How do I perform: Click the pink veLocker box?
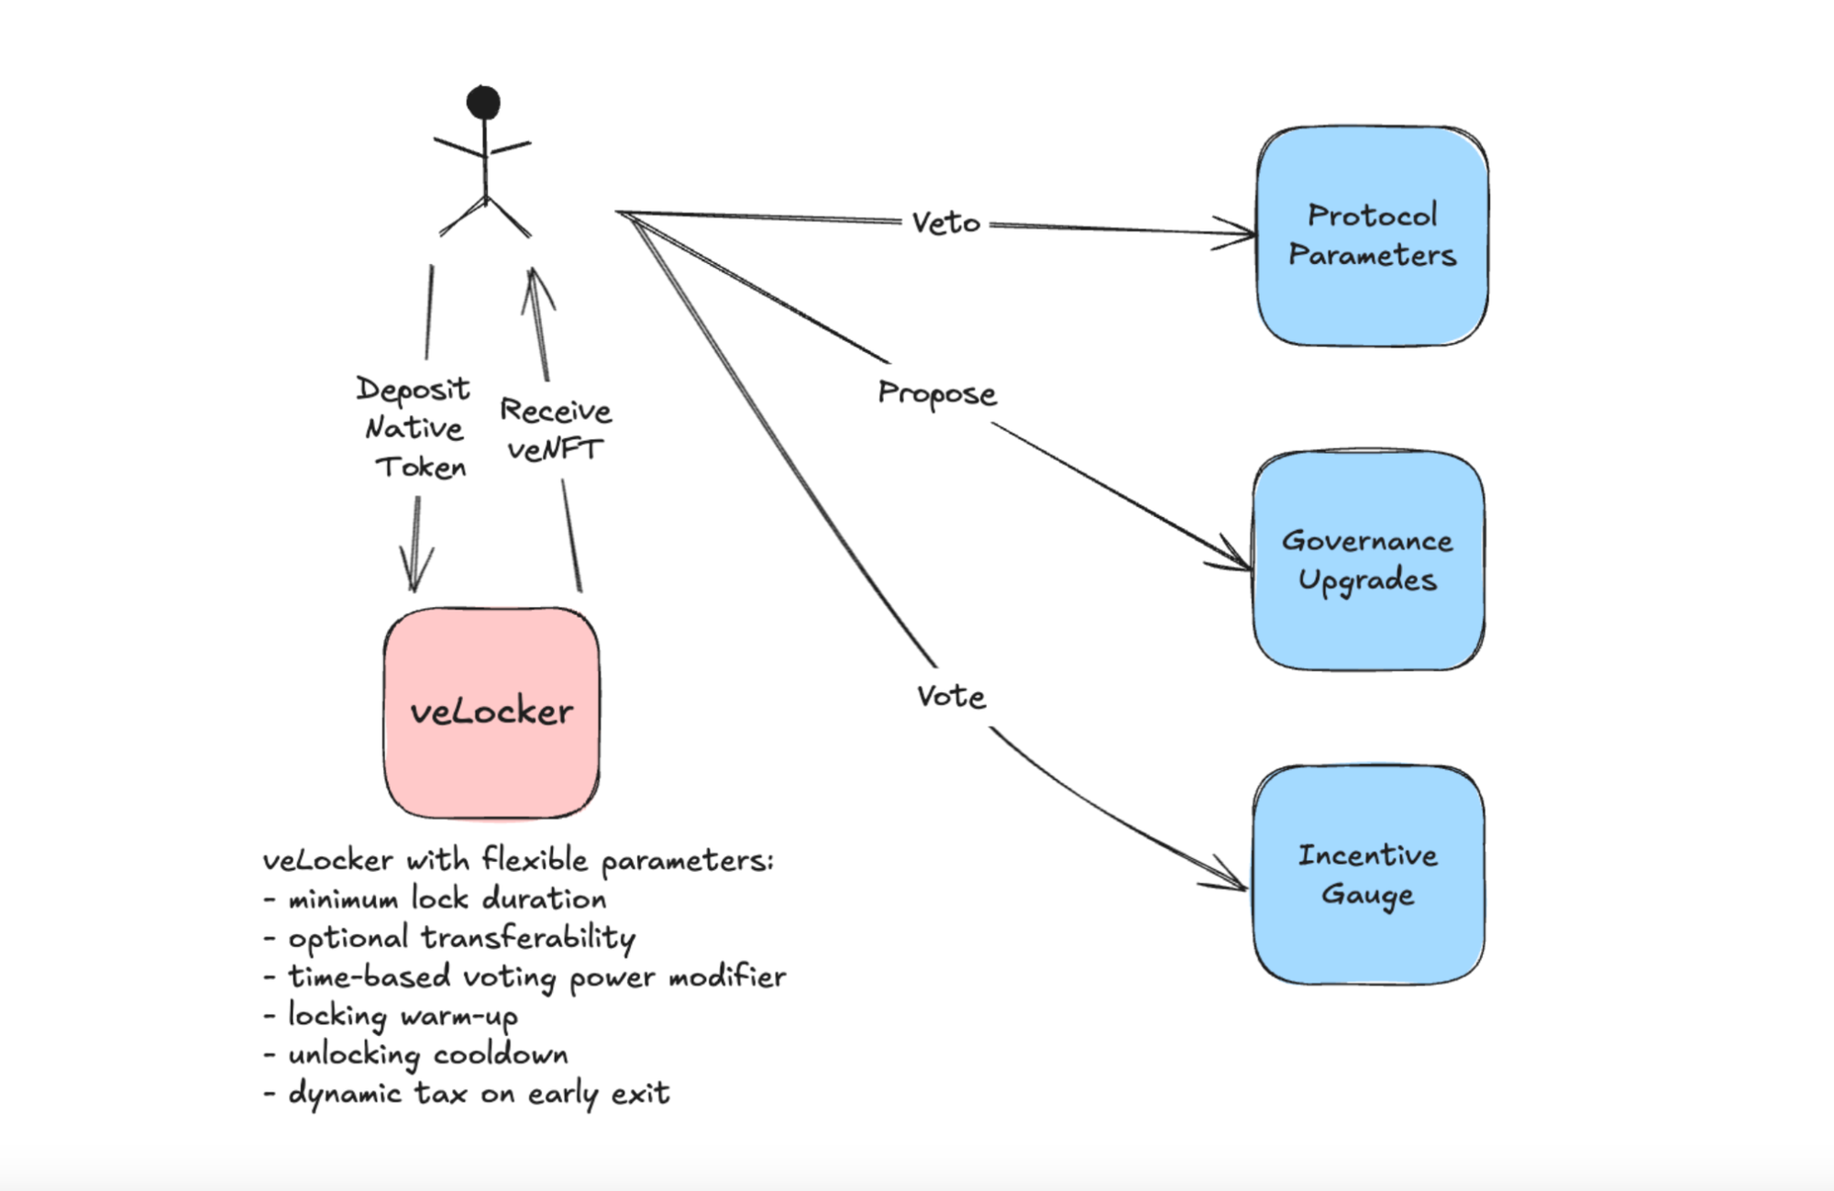pos(492,712)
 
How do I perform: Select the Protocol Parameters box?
pos(1372,236)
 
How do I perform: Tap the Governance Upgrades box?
pos(1367,560)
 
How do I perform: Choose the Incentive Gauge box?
pos(1367,875)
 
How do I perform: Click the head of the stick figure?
pos(483,102)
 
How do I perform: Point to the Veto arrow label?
pos(945,223)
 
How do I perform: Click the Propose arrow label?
pos(936,393)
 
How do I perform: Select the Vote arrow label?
pos(951,697)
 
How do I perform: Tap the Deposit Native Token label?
pos(414,428)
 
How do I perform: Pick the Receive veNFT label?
pos(556,430)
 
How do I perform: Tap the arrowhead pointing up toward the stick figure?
pos(536,284)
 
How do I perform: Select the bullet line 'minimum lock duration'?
pos(447,899)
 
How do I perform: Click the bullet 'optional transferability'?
pos(461,938)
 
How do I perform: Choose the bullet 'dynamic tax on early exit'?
pos(479,1094)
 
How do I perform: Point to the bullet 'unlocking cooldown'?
pos(427,1054)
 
